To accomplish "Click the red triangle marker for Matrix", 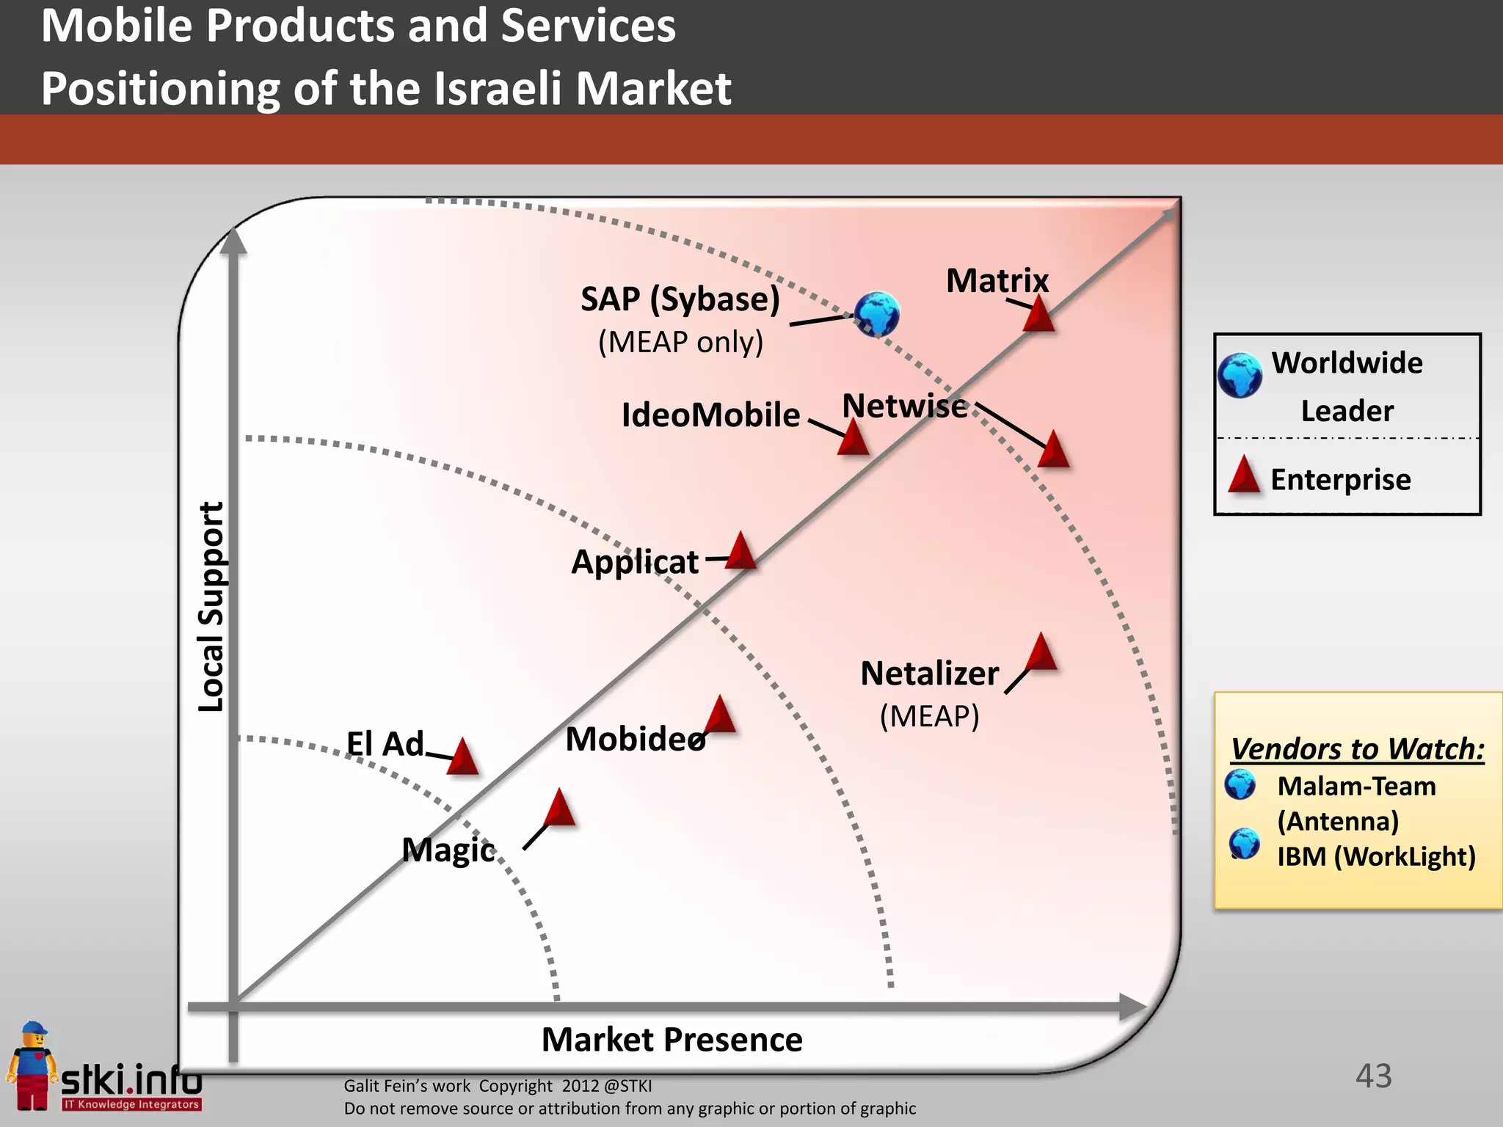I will (x=1039, y=316).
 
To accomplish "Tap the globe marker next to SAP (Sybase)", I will (x=877, y=314).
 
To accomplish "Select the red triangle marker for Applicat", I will (x=741, y=552).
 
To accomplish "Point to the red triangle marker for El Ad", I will (x=462, y=758).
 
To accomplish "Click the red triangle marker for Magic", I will (x=560, y=809).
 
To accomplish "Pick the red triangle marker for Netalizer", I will (x=1041, y=653).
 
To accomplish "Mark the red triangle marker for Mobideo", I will (x=720, y=716).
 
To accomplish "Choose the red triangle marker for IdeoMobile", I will (x=854, y=438).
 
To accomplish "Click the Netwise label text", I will (x=904, y=406).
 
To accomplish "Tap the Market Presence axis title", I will (x=672, y=1040).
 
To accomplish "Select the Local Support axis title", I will (x=211, y=607).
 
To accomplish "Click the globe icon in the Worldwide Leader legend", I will (x=1240, y=376).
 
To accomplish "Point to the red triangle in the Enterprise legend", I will (x=1244, y=475).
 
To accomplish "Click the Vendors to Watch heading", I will (x=1357, y=749).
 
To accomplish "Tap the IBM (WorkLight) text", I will (x=1376, y=856).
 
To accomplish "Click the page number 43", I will (x=1373, y=1076).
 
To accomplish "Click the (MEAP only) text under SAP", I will (x=680, y=342).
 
